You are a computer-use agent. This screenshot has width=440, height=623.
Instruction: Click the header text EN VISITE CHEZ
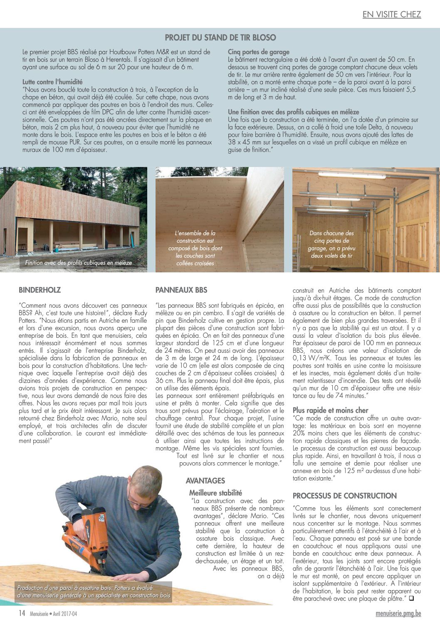391,15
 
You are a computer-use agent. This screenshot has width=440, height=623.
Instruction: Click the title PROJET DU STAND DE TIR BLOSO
220,38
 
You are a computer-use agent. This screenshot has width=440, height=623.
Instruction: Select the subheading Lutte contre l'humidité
52,82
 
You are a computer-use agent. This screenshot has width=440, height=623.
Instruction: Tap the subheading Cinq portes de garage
258,52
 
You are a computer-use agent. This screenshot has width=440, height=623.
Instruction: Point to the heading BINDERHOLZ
40,290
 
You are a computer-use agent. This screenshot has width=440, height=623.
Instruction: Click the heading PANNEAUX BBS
181,290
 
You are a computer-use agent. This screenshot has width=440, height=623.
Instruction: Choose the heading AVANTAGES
205,481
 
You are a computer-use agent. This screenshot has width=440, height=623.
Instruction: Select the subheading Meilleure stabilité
215,493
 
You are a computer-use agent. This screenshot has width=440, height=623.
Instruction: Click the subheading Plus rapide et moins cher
330,410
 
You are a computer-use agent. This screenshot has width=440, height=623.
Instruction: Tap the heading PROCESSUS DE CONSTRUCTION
345,496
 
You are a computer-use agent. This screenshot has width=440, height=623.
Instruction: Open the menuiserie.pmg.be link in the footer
398,613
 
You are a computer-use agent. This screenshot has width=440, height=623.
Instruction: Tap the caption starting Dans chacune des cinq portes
331,244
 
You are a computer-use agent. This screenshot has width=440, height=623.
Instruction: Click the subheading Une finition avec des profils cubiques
293,112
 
